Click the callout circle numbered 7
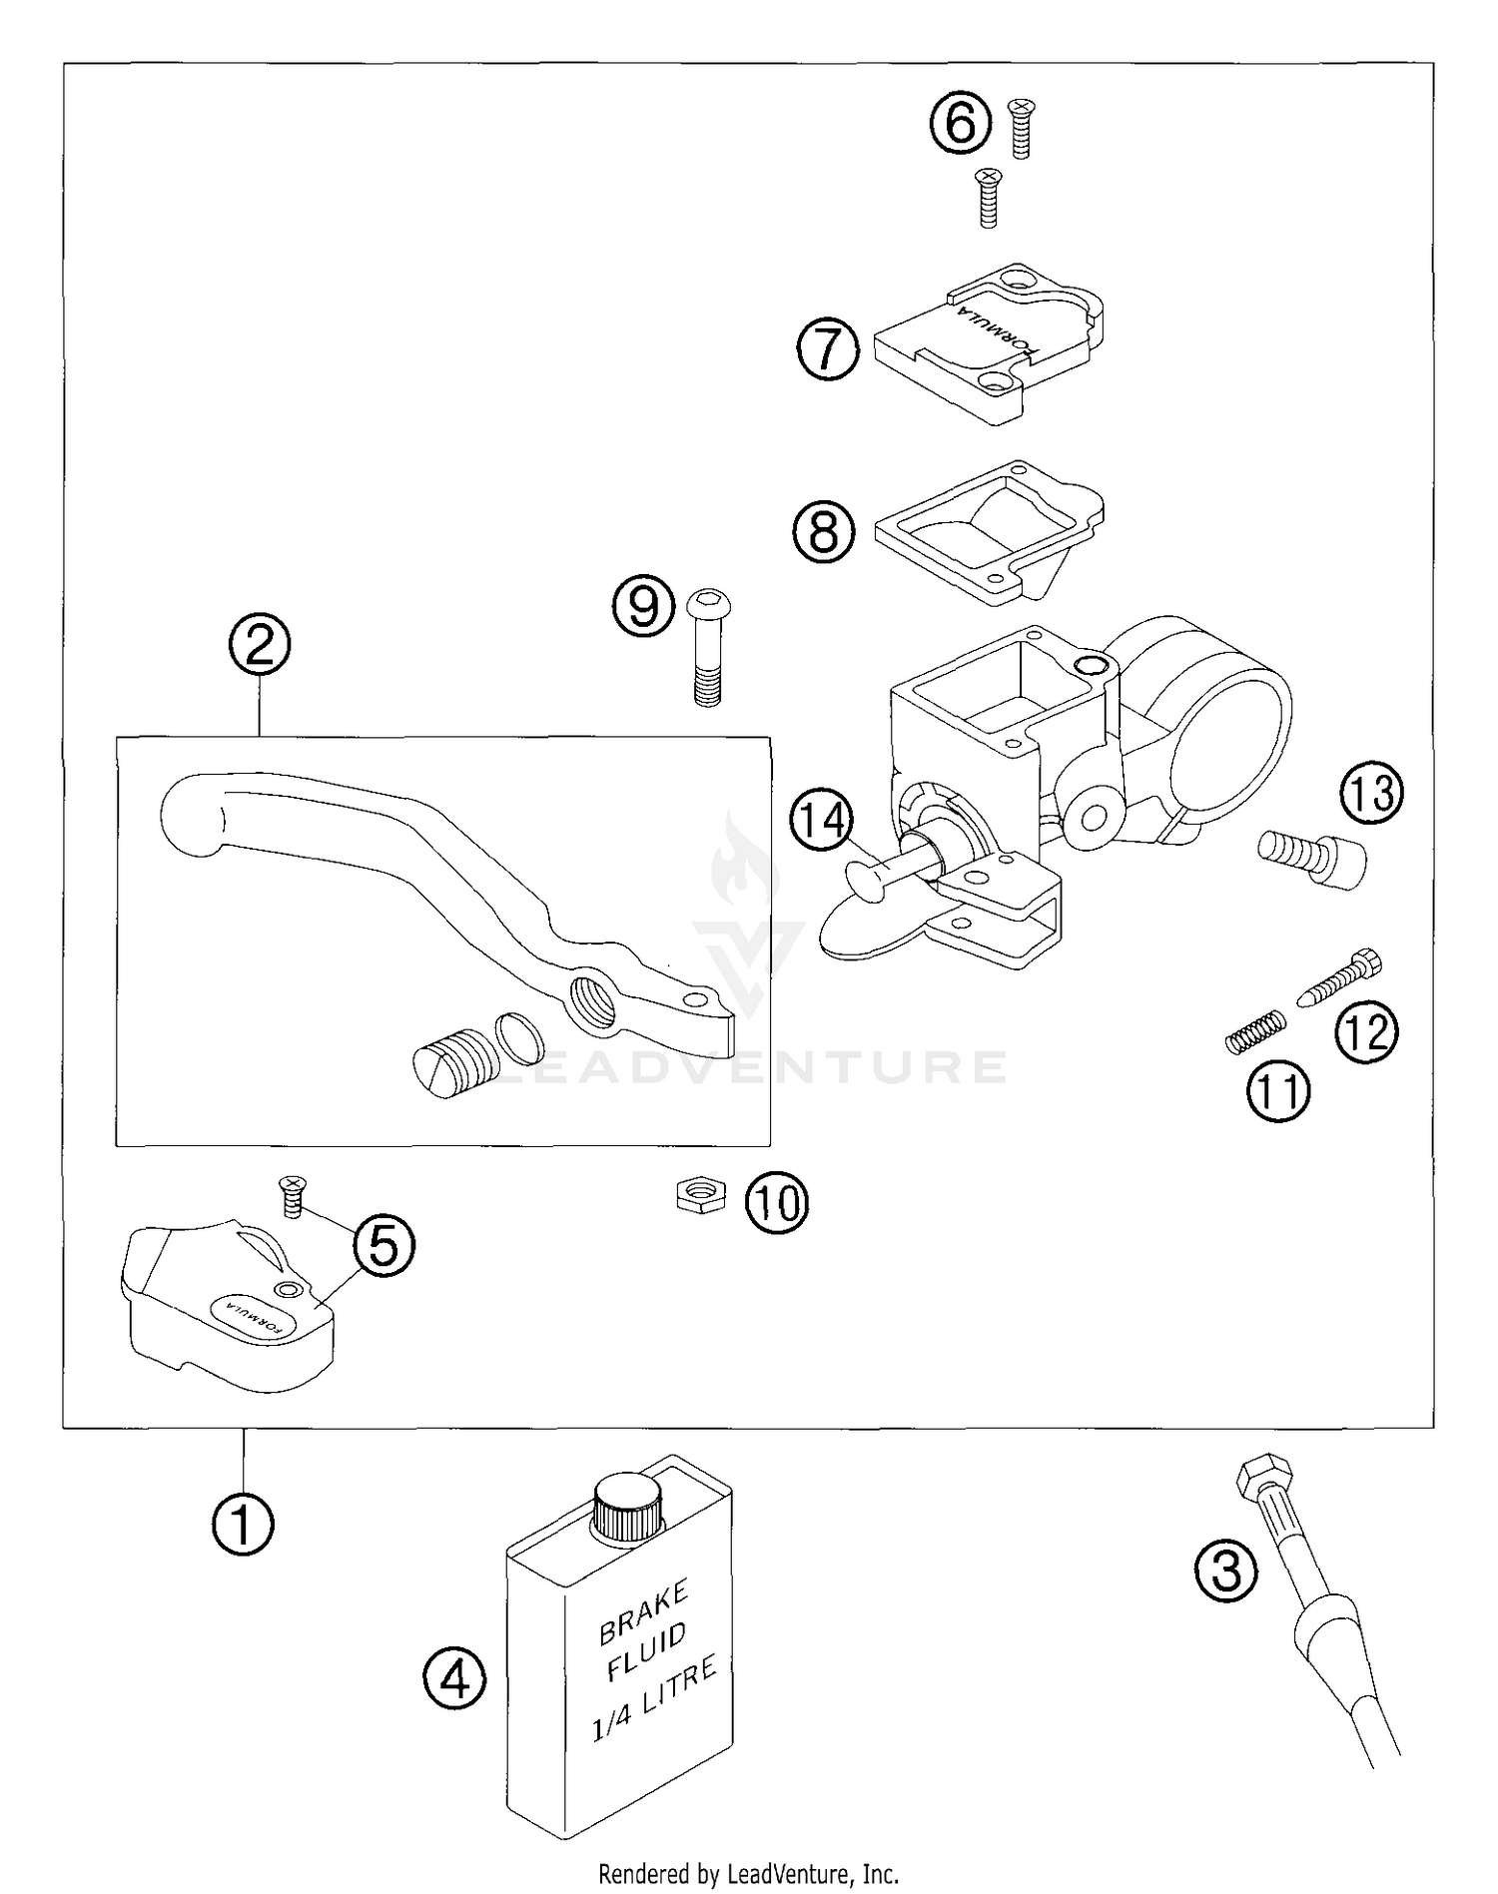(x=828, y=349)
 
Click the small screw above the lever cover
(x=293, y=1195)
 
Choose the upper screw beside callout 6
(x=1021, y=127)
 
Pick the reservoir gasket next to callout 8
(x=989, y=531)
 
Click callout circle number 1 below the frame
(x=243, y=1525)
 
